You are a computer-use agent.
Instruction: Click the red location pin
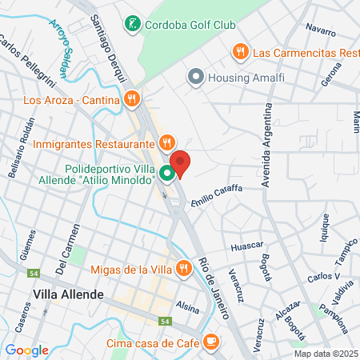point(181,163)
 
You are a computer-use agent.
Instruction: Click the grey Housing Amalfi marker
point(195,78)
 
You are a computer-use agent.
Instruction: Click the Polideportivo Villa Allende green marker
point(167,173)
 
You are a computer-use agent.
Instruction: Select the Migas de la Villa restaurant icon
point(182,268)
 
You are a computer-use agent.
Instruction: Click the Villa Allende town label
point(68,294)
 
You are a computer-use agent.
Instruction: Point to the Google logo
point(26,350)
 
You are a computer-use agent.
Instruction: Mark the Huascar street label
point(246,246)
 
